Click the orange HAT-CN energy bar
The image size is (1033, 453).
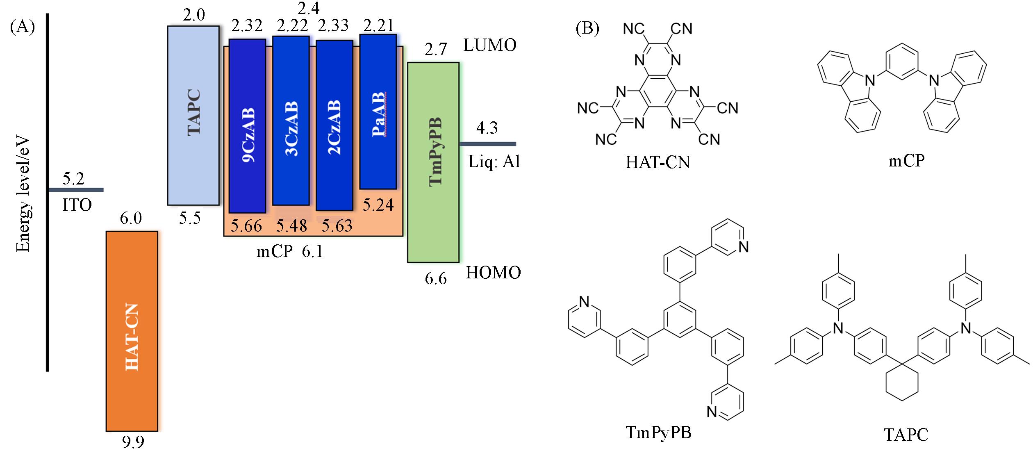[x=132, y=331]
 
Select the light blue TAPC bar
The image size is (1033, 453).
[x=193, y=115]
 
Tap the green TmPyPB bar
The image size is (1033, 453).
[x=433, y=162]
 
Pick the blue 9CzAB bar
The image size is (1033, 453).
[x=247, y=126]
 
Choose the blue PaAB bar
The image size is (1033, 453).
[x=378, y=112]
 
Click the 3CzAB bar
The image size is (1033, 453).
[x=291, y=120]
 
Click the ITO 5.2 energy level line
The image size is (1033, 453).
[x=76, y=190]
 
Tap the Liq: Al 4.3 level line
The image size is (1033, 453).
[x=488, y=144]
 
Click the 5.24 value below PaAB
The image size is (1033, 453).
[x=378, y=205]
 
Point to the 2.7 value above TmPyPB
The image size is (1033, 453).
[x=435, y=50]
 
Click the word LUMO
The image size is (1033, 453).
[x=490, y=46]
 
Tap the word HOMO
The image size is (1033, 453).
[x=493, y=273]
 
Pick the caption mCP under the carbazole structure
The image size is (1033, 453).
[x=906, y=161]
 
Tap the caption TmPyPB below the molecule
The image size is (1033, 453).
[x=658, y=433]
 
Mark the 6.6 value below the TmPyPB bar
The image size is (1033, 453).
[x=435, y=279]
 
